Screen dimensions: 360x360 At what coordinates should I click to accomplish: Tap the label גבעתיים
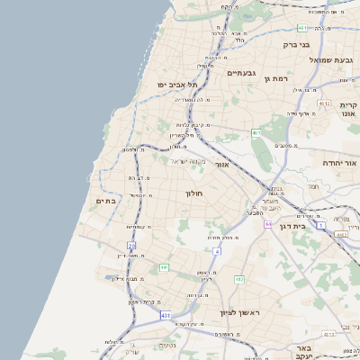(242, 73)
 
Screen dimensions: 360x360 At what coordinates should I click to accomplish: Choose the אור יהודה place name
(339, 163)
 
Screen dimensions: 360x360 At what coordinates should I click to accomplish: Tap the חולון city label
(195, 193)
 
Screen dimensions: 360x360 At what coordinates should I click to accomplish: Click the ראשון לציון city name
(238, 312)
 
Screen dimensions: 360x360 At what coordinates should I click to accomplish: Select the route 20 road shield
(131, 245)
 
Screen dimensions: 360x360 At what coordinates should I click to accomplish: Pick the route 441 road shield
(164, 267)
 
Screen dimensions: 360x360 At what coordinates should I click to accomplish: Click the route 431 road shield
(166, 315)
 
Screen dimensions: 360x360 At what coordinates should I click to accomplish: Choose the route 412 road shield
(239, 279)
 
